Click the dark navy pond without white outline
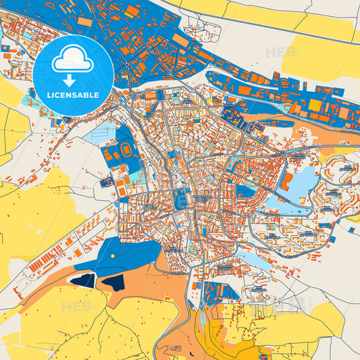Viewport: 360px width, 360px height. (113, 282)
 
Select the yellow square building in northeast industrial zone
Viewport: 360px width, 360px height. (315, 105)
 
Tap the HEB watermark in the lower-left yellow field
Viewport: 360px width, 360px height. (76, 307)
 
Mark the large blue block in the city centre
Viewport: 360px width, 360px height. (182, 199)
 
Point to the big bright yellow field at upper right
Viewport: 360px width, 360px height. (317, 57)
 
